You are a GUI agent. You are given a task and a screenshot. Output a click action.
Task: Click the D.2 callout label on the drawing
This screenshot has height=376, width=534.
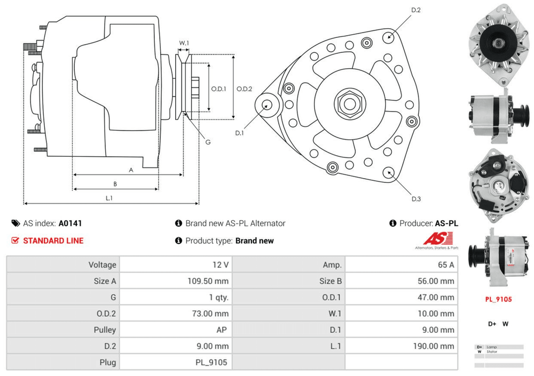[416, 10]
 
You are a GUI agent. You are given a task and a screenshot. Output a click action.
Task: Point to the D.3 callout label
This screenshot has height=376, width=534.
[416, 199]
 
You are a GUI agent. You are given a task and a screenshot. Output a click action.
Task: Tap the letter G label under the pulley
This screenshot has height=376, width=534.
[208, 142]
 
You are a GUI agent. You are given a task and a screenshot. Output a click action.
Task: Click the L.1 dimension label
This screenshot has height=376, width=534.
[109, 198]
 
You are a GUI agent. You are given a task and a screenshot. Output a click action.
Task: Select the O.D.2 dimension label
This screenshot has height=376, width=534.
[244, 89]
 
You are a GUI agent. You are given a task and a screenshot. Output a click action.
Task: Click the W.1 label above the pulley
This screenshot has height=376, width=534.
[184, 43]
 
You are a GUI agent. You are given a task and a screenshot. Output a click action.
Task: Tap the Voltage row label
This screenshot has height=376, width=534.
[102, 265]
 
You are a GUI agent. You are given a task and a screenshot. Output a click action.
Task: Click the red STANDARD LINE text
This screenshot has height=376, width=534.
[53, 241]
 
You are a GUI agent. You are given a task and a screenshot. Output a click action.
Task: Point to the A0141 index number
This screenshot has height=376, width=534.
[70, 223]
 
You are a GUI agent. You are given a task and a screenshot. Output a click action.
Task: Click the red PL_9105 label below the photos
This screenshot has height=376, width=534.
[498, 299]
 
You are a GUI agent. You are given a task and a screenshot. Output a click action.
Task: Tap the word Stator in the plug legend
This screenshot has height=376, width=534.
[492, 352]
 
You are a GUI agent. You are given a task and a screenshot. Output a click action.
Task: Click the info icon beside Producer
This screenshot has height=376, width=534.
[393, 223]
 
